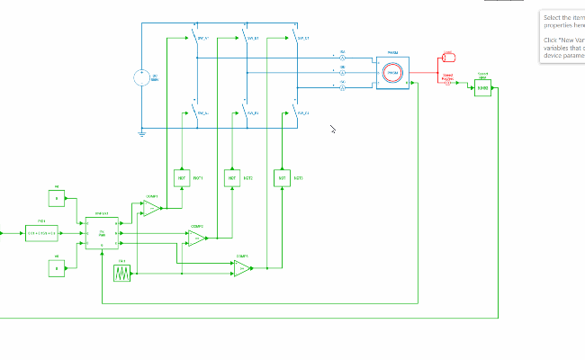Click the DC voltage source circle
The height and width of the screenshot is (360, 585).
pos(142,77)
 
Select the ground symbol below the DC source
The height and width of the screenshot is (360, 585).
pos(142,134)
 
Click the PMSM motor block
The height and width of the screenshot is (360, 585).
pos(392,73)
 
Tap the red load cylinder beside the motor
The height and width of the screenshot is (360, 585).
pos(447,61)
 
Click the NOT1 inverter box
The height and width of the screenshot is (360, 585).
pos(181,178)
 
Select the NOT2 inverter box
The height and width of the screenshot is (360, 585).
pos(232,178)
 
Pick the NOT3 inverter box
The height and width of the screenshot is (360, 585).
pos(283,178)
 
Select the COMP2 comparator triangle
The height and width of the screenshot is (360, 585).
pos(195,238)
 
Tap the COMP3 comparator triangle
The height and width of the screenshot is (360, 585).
pos(241,268)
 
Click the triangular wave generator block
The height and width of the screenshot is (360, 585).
pos(122,273)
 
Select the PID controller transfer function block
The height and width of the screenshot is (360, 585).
pos(41,233)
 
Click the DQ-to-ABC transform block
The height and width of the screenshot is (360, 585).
pos(102,233)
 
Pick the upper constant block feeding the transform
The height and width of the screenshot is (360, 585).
pos(57,198)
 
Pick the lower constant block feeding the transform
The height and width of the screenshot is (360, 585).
pos(57,267)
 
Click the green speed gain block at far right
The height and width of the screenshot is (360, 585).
pos(482,87)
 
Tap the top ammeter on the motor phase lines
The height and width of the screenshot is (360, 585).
pos(342,58)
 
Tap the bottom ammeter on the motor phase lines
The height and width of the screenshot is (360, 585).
pos(342,87)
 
